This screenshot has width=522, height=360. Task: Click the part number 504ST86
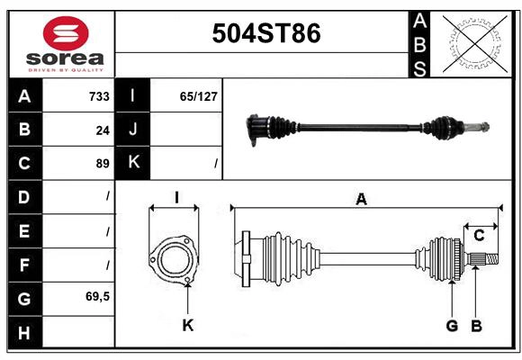[266, 33]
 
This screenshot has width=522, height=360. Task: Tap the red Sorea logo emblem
[66, 33]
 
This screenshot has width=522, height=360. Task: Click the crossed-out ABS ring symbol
[475, 44]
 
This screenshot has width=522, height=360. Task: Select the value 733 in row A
[99, 96]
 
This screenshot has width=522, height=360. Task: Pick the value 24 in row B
[103, 130]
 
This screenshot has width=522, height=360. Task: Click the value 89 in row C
[103, 164]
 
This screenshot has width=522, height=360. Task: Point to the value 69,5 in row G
[97, 296]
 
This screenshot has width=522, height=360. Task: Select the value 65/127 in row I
[198, 96]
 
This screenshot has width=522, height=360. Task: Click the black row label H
[25, 332]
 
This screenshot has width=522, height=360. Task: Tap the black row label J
[132, 130]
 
